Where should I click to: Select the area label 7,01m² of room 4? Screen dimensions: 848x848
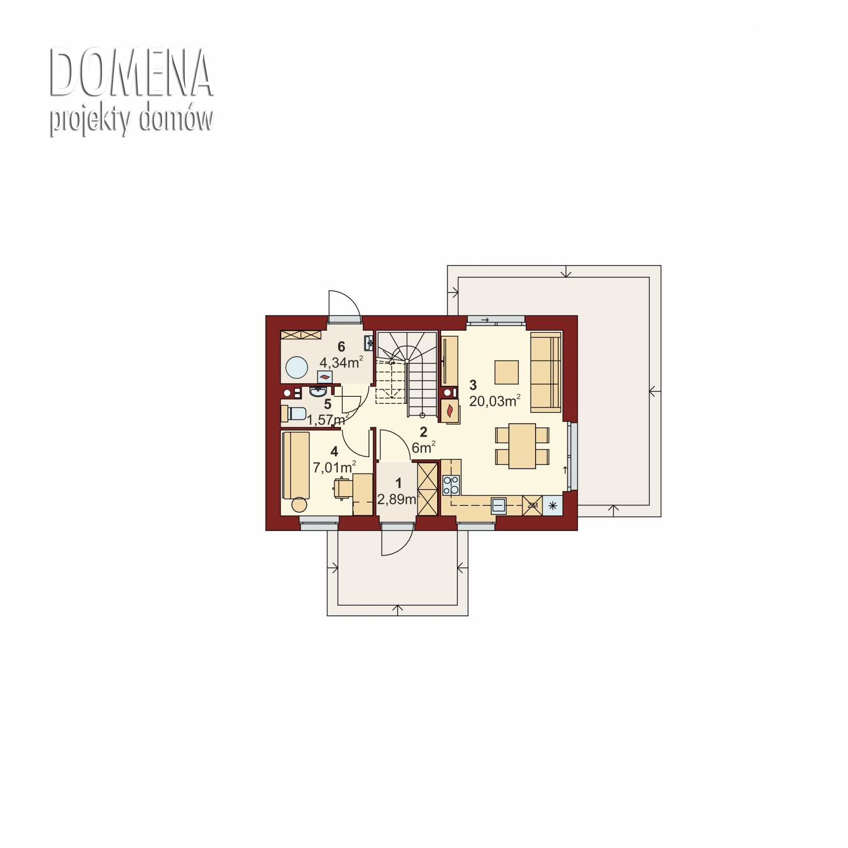point(335,467)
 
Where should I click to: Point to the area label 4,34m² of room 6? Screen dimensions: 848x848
point(341,362)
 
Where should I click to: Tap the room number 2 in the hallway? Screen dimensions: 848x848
point(423,432)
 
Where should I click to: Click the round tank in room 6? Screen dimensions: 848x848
point(296,367)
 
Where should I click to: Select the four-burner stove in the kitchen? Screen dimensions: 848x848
point(451,485)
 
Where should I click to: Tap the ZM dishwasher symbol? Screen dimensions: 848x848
point(533,505)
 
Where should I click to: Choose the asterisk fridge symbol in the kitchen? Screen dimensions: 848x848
point(553,505)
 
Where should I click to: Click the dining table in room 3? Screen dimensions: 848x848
point(522,446)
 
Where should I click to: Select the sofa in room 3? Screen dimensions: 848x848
point(546,372)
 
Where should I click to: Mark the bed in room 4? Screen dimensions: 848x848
point(296,465)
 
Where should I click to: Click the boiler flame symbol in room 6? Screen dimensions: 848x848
point(325,377)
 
